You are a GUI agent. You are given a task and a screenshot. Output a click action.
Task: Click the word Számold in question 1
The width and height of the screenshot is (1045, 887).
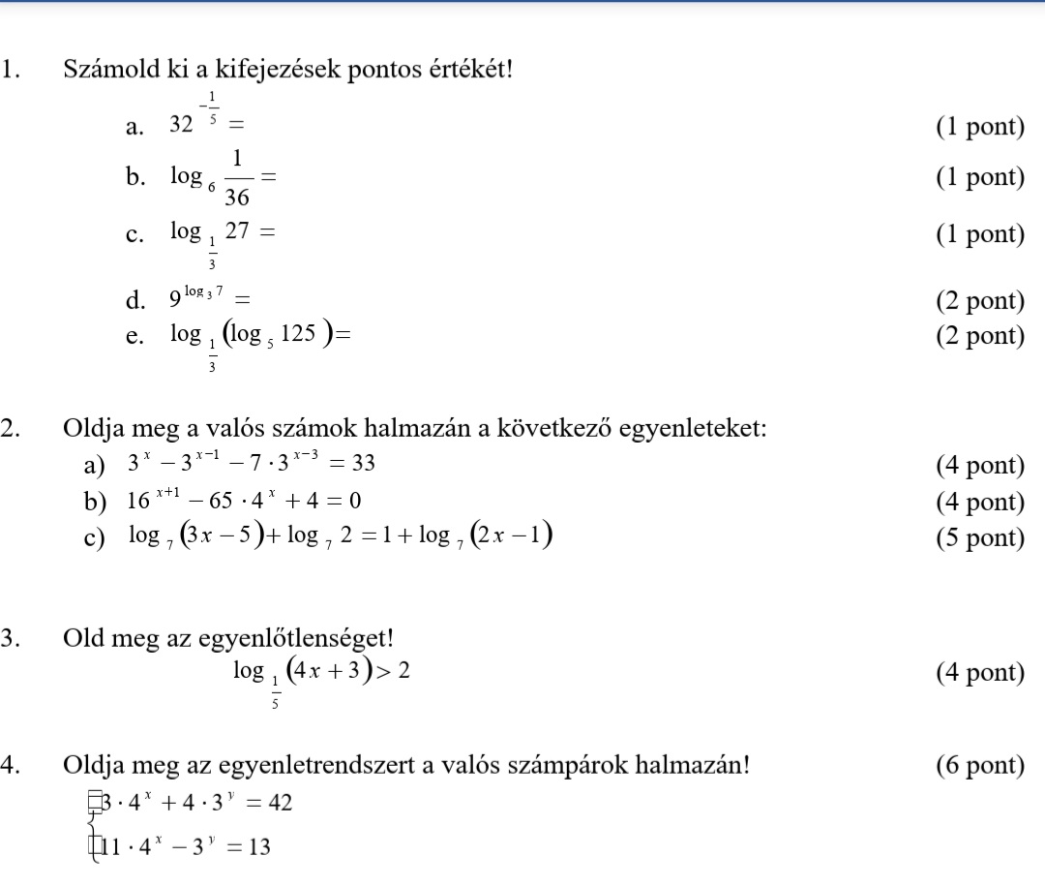106,71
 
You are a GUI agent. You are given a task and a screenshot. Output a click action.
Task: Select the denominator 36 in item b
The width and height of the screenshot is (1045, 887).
237,198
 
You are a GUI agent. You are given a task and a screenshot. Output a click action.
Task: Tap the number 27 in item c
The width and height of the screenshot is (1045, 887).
236,232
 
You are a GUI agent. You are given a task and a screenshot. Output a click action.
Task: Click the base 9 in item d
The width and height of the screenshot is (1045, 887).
173,302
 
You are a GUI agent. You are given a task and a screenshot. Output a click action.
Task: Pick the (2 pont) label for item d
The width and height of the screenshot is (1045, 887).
979,301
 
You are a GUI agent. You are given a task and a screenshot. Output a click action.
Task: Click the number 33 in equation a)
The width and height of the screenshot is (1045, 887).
363,465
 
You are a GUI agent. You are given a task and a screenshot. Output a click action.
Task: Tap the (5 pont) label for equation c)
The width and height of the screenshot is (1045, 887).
979,537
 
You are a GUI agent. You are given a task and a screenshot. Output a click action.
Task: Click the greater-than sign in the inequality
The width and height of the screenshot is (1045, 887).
386,671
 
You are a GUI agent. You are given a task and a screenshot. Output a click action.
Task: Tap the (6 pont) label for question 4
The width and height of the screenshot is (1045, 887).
979,765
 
